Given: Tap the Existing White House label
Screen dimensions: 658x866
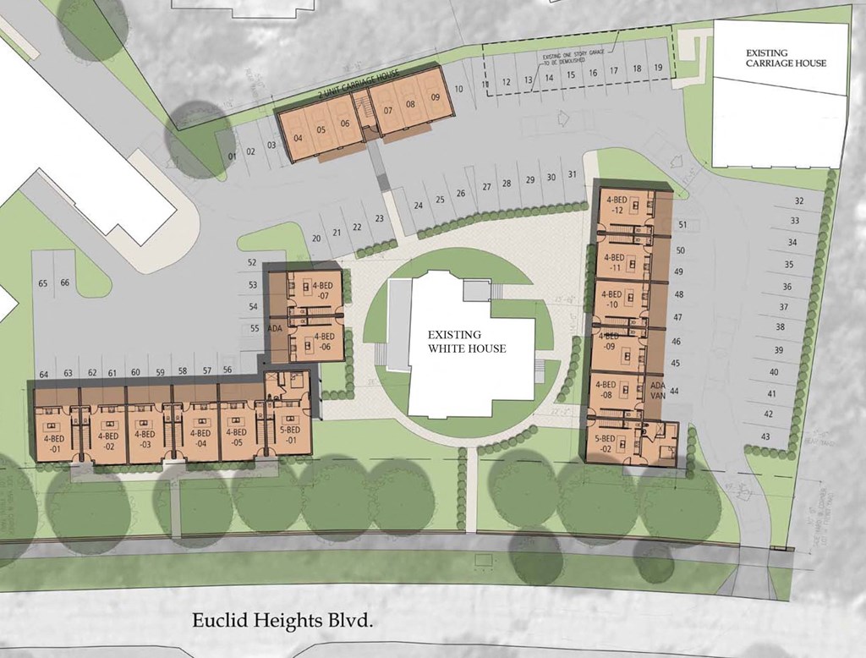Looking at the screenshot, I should point(467,342).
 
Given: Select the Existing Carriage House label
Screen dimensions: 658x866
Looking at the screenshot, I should point(786,58).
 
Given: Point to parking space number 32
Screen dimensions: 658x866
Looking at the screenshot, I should point(798,200).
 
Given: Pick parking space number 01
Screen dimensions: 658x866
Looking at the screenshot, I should point(231,155).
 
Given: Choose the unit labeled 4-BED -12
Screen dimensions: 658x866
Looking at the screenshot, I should point(617,205).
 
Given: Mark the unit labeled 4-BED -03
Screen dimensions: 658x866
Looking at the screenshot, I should point(143,439).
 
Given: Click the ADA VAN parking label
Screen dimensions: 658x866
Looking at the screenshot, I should point(660,390).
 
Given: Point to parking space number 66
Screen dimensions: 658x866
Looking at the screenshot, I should point(65,282).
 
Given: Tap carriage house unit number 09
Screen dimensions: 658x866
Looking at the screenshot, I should point(435,96).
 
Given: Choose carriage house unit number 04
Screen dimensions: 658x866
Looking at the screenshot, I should point(299,138).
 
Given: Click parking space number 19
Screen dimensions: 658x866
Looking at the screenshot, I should point(658,68).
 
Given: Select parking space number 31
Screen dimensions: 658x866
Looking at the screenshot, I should point(573,175).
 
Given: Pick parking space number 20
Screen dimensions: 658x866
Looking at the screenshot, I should point(316,238).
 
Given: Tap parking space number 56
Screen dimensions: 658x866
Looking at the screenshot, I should point(227,370).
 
